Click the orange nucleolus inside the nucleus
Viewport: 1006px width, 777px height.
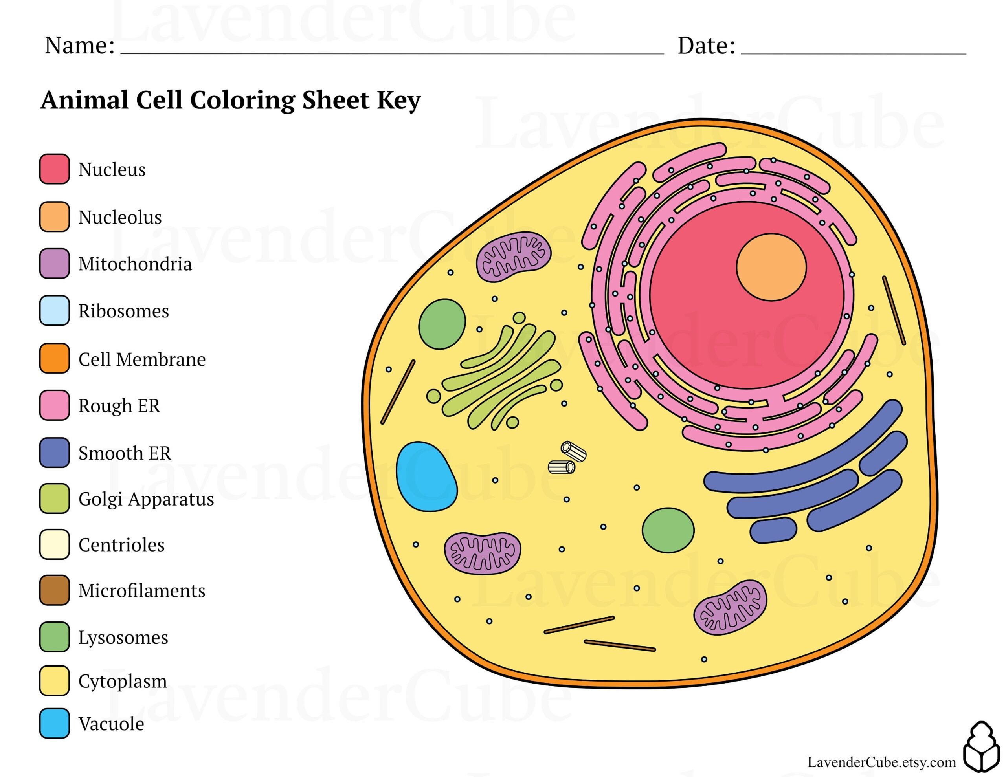point(771,267)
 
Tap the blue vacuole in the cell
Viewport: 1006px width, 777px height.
point(426,477)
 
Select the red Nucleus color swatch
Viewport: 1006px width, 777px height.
point(54,169)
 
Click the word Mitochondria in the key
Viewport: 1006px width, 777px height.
point(135,264)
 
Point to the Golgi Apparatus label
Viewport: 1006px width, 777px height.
point(146,499)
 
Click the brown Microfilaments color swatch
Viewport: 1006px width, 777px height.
point(54,590)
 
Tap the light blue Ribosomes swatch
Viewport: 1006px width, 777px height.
point(54,310)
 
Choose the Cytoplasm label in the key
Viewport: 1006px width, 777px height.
point(123,681)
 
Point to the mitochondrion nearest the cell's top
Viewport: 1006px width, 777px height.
point(513,256)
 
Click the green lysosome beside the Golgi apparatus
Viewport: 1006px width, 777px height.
point(442,324)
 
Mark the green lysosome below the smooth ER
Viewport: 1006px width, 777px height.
point(668,530)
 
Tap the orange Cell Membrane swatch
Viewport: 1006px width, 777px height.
point(54,358)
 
